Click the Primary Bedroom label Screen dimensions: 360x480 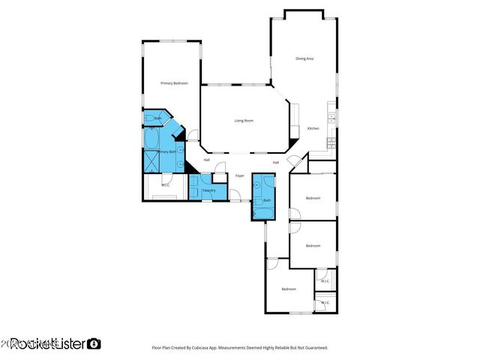pyautogui.click(x=173, y=82)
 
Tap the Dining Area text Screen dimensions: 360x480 pyautogui.click(x=304, y=58)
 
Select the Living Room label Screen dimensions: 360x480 pyautogui.click(x=244, y=120)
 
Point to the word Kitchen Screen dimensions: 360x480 pyautogui.click(x=313, y=129)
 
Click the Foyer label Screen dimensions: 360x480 pyautogui.click(x=240, y=175)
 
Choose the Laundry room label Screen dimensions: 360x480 pyautogui.click(x=209, y=190)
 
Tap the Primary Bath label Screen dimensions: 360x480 pyautogui.click(x=166, y=152)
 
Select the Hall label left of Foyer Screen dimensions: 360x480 pyautogui.click(x=207, y=159)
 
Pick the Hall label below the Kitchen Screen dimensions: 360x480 pyautogui.click(x=276, y=163)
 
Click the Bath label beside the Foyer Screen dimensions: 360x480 pyautogui.click(x=267, y=200)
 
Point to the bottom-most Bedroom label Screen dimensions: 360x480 pyautogui.click(x=289, y=289)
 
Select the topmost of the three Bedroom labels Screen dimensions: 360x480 pyautogui.click(x=313, y=198)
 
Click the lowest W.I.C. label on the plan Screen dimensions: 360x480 pyautogui.click(x=324, y=303)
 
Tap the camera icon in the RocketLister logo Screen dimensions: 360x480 pyautogui.click(x=94, y=343)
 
